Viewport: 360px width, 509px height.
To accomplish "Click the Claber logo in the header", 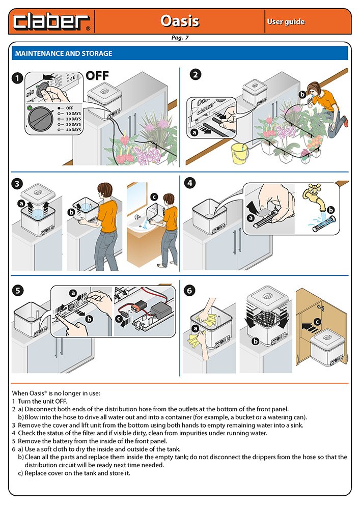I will coord(51,21).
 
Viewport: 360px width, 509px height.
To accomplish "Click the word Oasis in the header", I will coord(180,21).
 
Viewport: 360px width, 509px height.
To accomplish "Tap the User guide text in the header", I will coord(286,21).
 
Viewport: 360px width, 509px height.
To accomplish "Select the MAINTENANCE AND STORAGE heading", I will coord(64,53).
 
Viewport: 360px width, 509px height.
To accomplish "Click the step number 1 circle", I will coord(18,78).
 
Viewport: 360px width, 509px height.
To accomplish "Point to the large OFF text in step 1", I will coord(97,76).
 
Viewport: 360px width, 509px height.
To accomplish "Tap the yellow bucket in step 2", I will coord(239,153).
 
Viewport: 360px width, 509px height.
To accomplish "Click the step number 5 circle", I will coord(18,291).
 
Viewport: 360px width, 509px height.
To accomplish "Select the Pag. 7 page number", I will coord(180,38).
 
